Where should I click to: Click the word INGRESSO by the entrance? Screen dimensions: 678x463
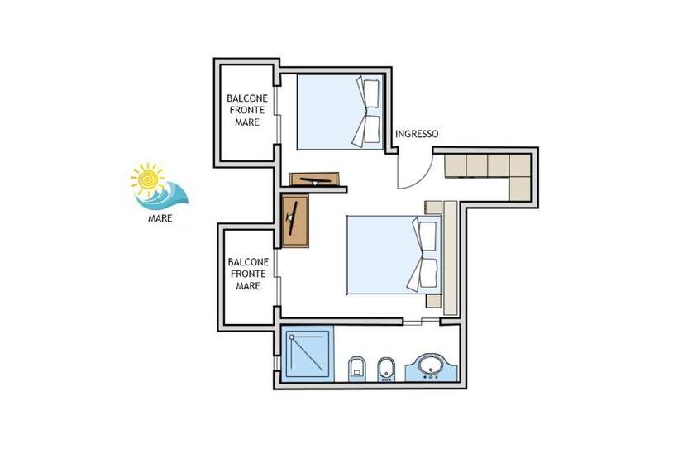click(x=417, y=134)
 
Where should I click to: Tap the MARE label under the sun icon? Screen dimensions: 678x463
click(x=160, y=218)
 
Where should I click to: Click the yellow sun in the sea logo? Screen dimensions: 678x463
click(x=148, y=179)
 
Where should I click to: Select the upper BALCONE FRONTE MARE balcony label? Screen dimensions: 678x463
click(x=247, y=110)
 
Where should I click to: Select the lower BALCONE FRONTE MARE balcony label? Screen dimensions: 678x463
click(x=248, y=274)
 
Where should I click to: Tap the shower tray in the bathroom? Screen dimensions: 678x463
click(x=308, y=354)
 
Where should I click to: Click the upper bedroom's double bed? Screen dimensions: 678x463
click(x=341, y=112)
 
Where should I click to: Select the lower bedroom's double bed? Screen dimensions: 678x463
click(x=394, y=255)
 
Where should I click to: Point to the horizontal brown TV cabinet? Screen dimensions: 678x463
click(x=314, y=179)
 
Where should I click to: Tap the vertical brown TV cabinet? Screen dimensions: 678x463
click(x=295, y=221)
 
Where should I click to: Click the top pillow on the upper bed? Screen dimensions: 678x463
click(x=371, y=93)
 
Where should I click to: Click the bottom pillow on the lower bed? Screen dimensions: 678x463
click(x=428, y=273)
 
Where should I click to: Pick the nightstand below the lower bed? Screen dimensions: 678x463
click(x=433, y=301)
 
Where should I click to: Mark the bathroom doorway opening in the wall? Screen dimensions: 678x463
click(x=422, y=322)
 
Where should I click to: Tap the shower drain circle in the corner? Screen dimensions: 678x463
click(x=291, y=337)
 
